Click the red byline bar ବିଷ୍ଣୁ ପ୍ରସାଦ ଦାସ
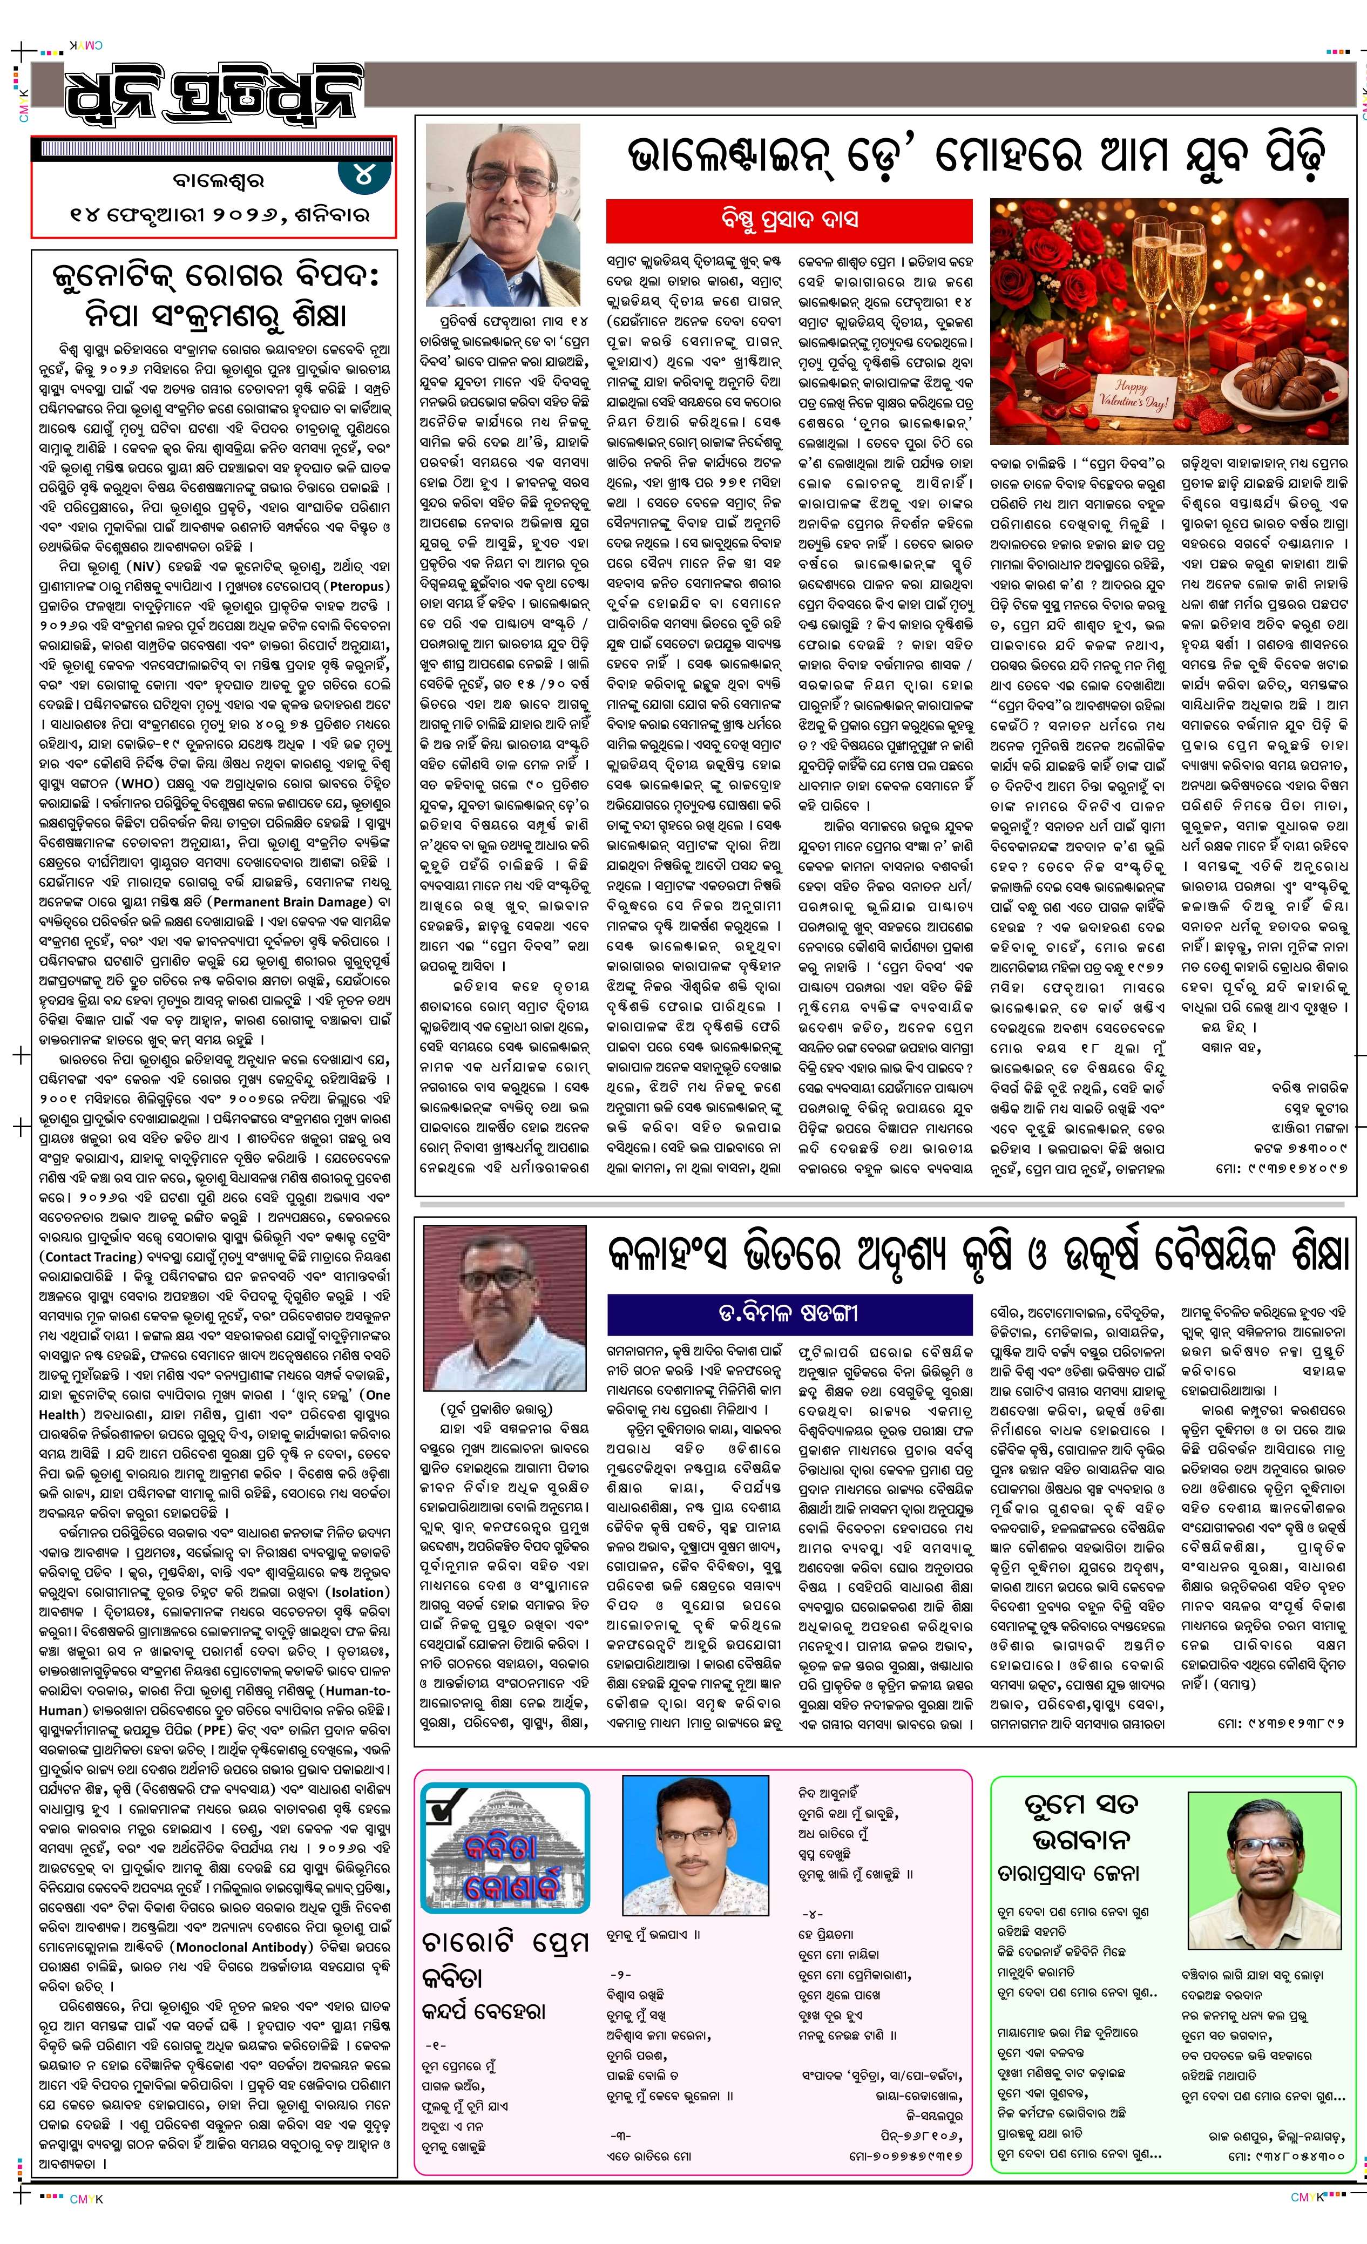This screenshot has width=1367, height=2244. pyautogui.click(x=789, y=220)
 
